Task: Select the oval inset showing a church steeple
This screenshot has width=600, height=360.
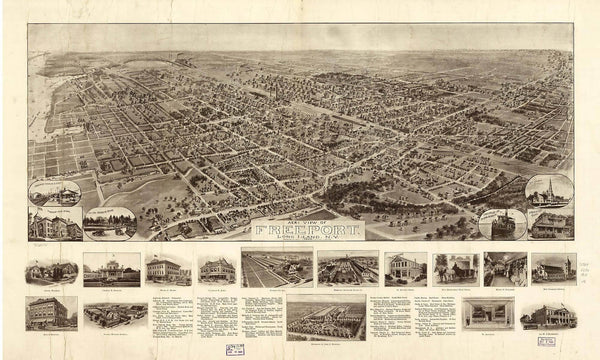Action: (x=549, y=190)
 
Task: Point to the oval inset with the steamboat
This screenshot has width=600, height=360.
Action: (x=502, y=222)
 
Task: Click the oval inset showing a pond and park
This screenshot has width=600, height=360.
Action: (x=111, y=222)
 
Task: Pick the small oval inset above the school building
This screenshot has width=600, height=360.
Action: (x=56, y=193)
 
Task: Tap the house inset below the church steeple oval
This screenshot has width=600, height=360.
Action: (x=550, y=224)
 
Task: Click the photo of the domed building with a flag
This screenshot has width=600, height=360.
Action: (x=111, y=268)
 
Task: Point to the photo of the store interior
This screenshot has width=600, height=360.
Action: (x=505, y=268)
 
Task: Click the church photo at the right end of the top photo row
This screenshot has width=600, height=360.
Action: (x=553, y=268)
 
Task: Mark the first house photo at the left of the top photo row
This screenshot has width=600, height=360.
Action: (x=52, y=270)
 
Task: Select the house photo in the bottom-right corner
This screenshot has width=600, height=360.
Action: (x=547, y=314)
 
